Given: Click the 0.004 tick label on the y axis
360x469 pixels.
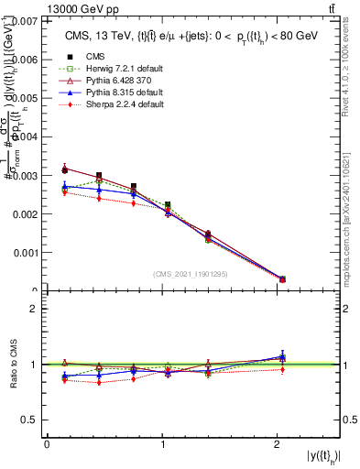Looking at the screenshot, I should tap(26, 136).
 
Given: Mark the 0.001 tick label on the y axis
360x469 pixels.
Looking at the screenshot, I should tap(26, 252).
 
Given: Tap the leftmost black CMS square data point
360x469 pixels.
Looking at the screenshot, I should tap(64, 169).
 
